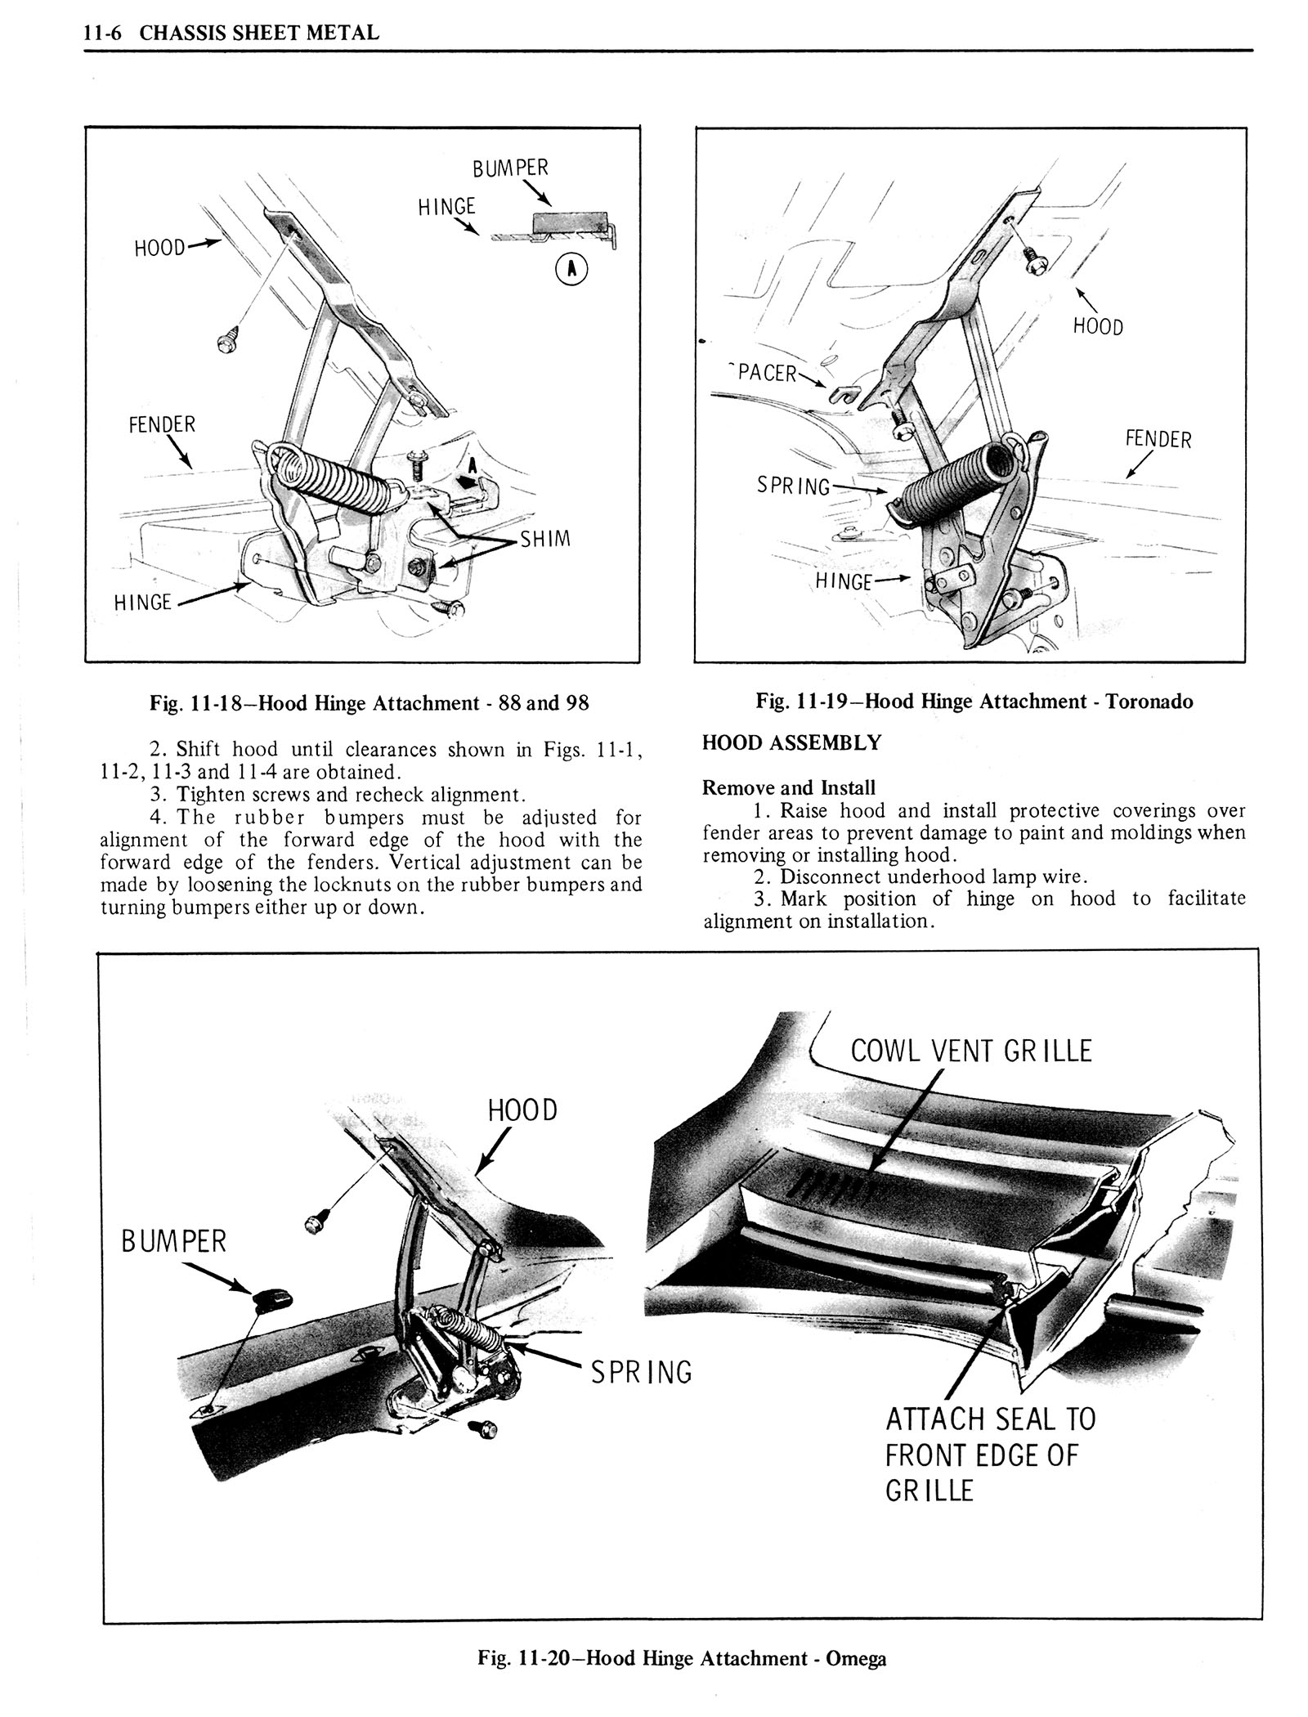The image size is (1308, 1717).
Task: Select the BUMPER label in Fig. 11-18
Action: point(510,168)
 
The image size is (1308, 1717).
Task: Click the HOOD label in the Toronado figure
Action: point(1098,327)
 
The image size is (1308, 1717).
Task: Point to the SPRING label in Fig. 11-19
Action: point(793,486)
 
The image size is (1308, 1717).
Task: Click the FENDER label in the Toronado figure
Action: point(1158,439)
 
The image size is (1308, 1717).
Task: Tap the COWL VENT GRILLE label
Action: point(971,1051)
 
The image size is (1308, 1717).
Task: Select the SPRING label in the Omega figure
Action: point(642,1371)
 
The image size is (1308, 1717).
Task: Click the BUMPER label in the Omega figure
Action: point(173,1242)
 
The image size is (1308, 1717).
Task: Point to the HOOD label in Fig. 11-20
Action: point(522,1110)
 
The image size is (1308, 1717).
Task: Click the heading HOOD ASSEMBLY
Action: point(791,742)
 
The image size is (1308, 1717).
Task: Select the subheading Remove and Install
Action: point(788,787)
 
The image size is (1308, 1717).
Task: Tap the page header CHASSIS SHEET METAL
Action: point(259,34)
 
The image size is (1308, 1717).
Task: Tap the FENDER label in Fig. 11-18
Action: point(161,424)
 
